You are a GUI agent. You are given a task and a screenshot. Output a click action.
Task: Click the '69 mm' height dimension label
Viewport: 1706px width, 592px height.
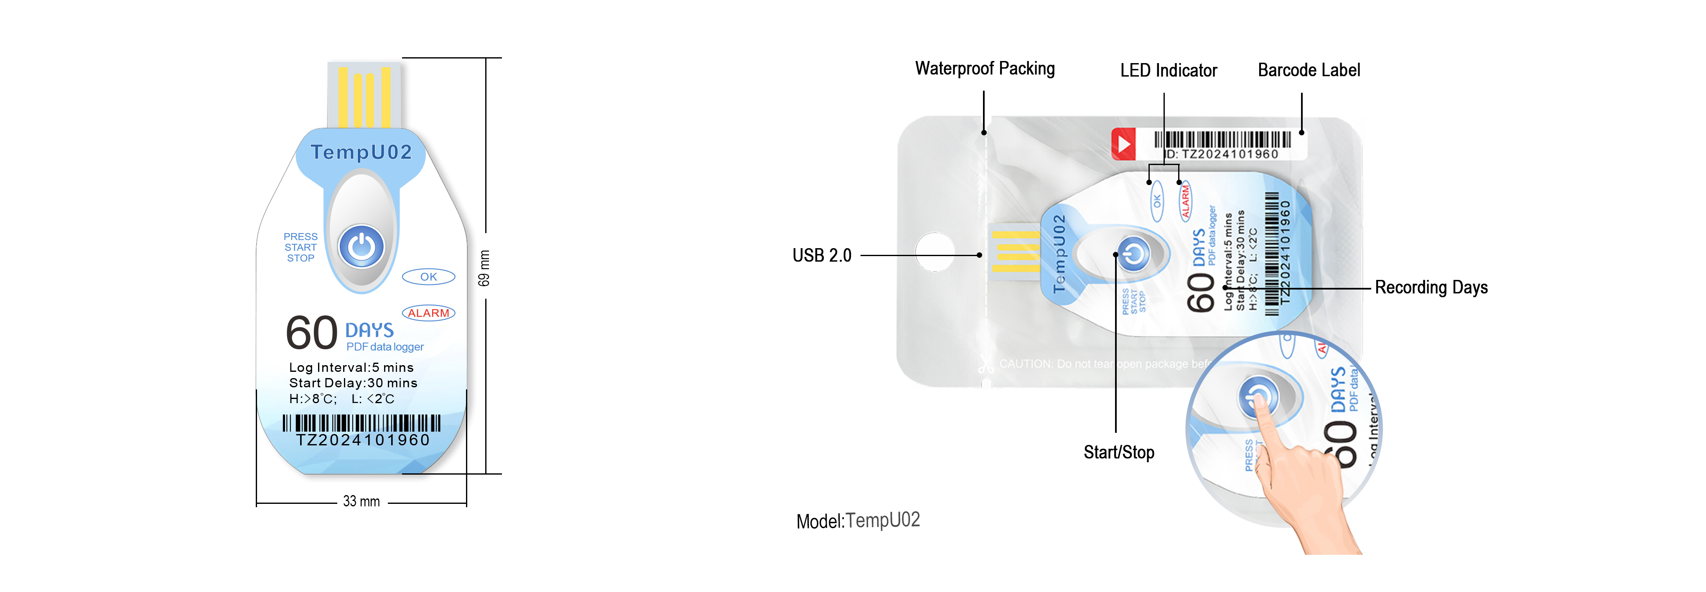(484, 268)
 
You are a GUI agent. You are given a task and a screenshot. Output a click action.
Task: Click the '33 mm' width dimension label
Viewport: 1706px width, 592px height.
(361, 501)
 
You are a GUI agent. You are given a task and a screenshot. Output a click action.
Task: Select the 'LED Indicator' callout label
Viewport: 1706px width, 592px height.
(1168, 70)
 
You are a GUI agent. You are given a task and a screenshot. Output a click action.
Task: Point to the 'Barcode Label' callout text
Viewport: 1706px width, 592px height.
(1309, 70)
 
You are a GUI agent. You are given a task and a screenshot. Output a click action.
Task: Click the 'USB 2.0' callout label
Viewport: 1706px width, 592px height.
(822, 256)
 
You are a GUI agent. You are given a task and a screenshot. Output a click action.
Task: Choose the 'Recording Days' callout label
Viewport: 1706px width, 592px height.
(1431, 287)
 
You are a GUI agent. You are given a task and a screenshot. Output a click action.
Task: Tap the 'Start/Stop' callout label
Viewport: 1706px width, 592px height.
(1118, 452)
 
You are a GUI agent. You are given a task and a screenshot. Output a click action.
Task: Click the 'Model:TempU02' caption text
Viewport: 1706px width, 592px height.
(858, 521)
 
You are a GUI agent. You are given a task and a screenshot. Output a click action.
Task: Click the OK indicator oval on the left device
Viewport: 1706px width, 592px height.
(428, 277)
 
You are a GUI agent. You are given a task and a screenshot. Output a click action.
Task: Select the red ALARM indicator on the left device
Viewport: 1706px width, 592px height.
(428, 313)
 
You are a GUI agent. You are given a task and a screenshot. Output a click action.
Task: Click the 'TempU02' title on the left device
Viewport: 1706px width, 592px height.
(362, 152)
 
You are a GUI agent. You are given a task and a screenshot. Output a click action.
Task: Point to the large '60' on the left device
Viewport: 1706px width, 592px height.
(311, 333)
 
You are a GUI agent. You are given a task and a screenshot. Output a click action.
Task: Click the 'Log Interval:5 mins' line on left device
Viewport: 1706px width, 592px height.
(351, 368)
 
